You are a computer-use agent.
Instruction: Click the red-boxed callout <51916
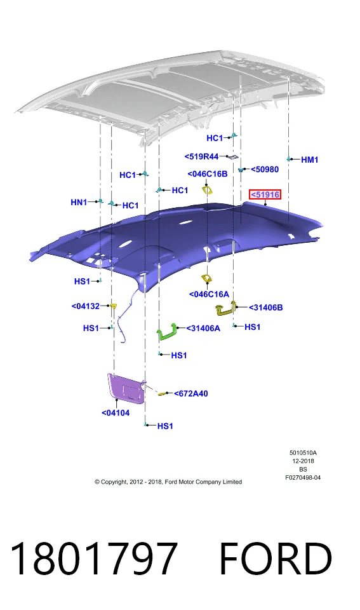coord(265,194)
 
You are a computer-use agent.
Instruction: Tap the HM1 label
coord(309,159)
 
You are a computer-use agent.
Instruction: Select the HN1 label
coord(79,202)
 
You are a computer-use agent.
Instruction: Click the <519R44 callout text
coord(201,156)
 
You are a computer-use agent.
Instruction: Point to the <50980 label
coord(265,169)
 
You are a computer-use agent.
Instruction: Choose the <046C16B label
coord(208,174)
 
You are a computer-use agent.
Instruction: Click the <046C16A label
coord(209,294)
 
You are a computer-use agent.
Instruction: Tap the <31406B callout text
coord(266,308)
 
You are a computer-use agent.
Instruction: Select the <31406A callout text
coord(203,329)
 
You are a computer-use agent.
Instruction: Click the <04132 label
coord(86,306)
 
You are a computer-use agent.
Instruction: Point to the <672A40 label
coord(191,394)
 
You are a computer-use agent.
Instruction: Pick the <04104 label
coord(116,413)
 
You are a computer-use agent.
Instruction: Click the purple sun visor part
coord(126,387)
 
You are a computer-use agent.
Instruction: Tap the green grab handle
coord(168,332)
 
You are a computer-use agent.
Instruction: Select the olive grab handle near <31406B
coord(226,308)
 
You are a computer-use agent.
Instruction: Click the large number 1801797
coord(94,558)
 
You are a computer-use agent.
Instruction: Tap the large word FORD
coord(276,558)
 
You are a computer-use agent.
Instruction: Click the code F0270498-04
coord(303,477)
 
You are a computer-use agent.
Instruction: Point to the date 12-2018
coord(303,461)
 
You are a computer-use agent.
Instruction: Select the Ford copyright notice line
coord(168,482)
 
